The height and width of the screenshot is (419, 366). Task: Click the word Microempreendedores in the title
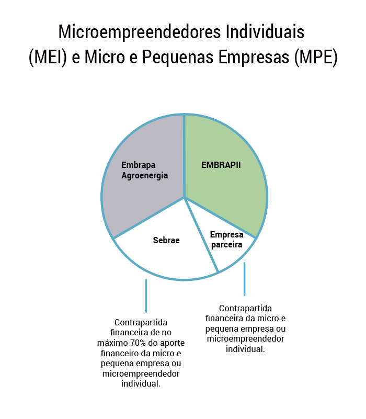click(x=140, y=32)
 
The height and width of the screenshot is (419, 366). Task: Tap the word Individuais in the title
click(x=265, y=31)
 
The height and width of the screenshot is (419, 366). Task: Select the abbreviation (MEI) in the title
click(x=48, y=57)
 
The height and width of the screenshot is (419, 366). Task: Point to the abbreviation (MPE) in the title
click(x=316, y=57)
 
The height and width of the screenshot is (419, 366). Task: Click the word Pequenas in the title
click(x=178, y=58)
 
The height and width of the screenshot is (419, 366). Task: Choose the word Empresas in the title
click(x=254, y=58)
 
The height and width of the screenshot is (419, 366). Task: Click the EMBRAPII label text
click(x=221, y=165)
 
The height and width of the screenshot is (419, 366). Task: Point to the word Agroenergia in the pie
click(x=144, y=176)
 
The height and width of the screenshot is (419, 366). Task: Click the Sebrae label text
click(x=166, y=240)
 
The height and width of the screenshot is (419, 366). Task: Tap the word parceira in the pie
click(x=226, y=245)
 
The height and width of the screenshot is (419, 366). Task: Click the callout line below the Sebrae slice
click(x=146, y=296)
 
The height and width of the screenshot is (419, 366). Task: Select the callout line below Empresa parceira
click(x=245, y=279)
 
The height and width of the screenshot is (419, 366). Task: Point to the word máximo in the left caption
click(x=112, y=343)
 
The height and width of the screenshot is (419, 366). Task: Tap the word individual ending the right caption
click(x=245, y=349)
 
